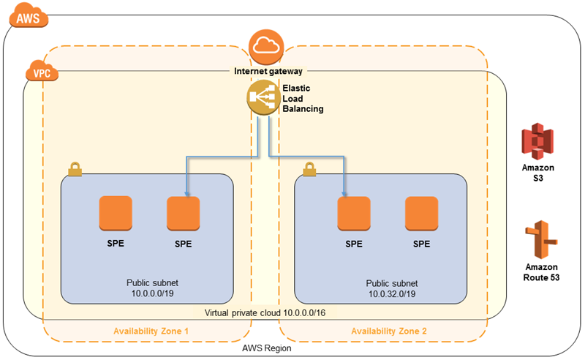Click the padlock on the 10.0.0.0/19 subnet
(74, 170)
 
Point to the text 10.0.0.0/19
(152, 293)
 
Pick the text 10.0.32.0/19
(392, 293)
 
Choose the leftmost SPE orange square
(116, 214)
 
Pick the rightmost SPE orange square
(422, 214)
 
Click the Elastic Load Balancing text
(303, 98)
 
